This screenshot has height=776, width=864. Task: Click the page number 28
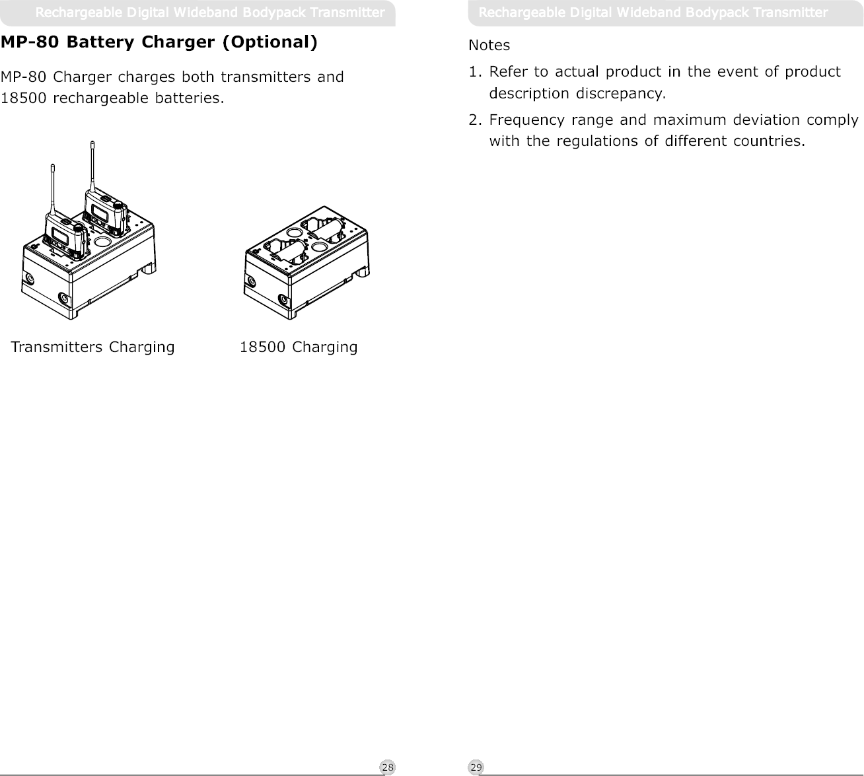[388, 767]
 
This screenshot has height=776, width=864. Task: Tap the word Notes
[489, 46]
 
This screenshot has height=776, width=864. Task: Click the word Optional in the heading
[270, 43]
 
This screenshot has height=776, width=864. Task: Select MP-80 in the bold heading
[31, 43]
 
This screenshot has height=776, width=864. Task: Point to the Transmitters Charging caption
[93, 347]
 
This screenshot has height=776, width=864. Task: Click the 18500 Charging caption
[298, 347]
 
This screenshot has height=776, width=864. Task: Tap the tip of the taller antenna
[92, 142]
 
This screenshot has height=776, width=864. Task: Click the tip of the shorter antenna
[52, 166]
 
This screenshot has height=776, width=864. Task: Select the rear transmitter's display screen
[99, 211]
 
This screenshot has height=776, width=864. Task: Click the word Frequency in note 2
[523, 121]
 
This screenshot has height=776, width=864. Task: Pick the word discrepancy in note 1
[621, 93]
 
